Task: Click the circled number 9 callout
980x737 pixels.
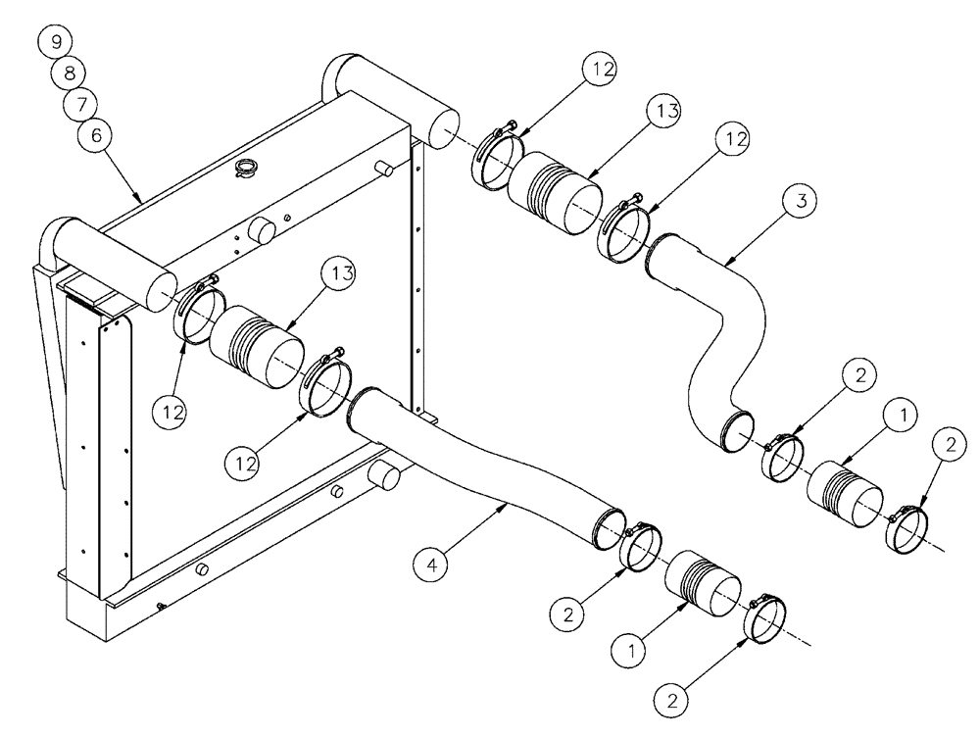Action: [55, 42]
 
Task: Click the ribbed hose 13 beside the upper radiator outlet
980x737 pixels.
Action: [556, 191]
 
